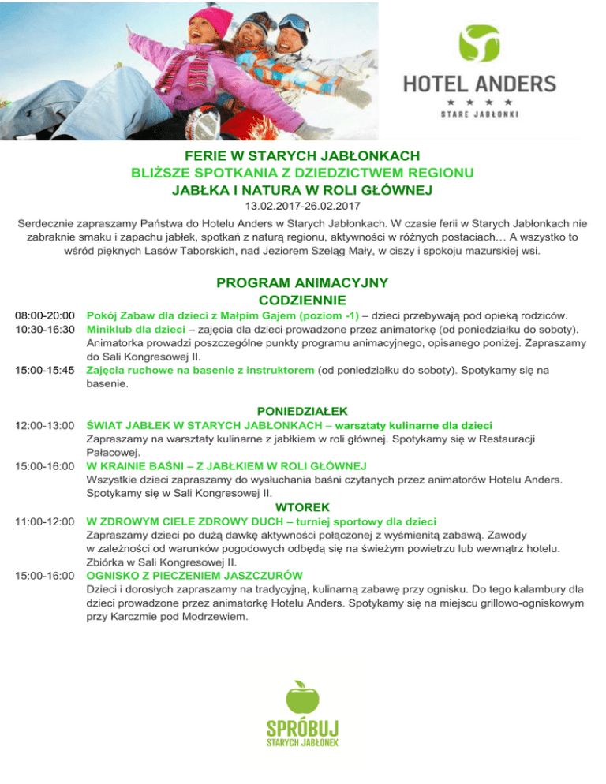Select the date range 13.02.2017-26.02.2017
[303, 207]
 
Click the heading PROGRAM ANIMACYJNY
[302, 283]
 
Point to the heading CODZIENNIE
[302, 300]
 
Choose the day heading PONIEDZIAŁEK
[303, 410]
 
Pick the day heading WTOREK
[303, 506]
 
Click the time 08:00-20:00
[43, 315]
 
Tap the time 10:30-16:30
[43, 328]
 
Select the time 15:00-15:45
[43, 369]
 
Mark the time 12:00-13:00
[43, 425]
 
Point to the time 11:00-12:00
[43, 521]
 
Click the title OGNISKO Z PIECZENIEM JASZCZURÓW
[198, 576]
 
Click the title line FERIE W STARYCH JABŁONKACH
[302, 156]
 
